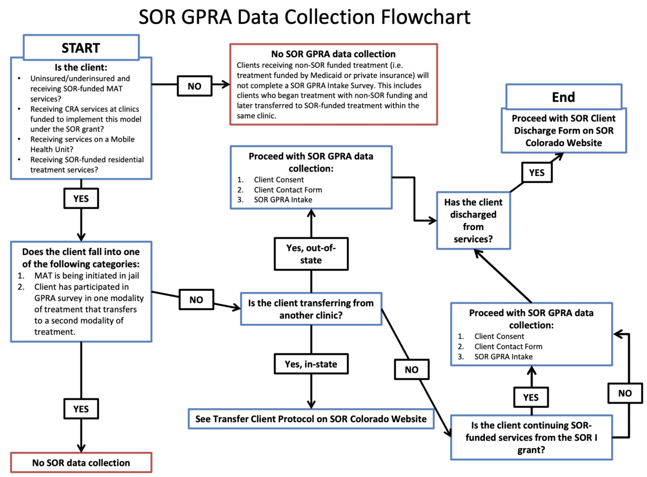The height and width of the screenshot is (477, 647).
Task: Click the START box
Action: (x=81, y=48)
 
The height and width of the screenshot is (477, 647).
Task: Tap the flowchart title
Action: (x=305, y=17)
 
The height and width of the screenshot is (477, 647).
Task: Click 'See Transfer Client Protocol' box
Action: (x=311, y=418)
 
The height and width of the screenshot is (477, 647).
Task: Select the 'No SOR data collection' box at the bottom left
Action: (x=81, y=462)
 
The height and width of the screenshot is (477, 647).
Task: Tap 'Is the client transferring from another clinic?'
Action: (x=310, y=310)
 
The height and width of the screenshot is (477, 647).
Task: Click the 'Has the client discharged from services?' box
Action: (x=470, y=220)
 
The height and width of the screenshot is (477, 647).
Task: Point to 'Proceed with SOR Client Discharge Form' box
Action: (x=563, y=130)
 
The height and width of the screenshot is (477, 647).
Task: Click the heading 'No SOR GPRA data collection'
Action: (x=333, y=54)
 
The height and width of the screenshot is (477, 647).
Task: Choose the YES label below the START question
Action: (x=81, y=198)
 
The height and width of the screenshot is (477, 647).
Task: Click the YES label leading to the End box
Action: (x=536, y=172)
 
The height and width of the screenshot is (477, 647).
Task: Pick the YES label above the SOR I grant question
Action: (x=531, y=397)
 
